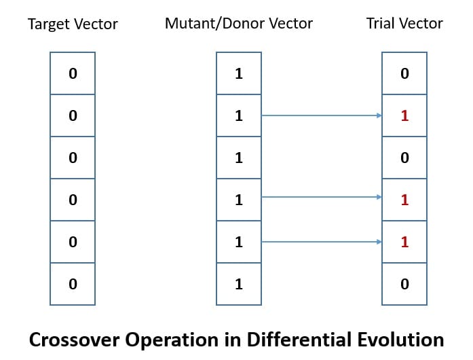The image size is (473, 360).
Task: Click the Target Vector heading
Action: (x=72, y=25)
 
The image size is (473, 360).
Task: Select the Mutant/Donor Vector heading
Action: (x=238, y=24)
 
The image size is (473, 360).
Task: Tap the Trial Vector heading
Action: (x=404, y=24)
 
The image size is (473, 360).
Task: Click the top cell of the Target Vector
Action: (x=73, y=73)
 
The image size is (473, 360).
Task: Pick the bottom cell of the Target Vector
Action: (x=73, y=283)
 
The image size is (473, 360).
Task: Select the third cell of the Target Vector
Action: (x=73, y=158)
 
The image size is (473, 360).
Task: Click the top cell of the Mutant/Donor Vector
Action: (x=238, y=73)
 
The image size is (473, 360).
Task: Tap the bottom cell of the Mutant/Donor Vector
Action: (x=238, y=283)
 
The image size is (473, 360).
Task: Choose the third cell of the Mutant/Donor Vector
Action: (x=238, y=158)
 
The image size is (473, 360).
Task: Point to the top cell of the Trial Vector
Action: (x=404, y=73)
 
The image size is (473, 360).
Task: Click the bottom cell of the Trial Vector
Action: (x=404, y=283)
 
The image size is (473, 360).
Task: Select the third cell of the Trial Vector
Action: (x=404, y=158)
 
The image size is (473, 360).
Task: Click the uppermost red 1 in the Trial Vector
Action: (x=404, y=115)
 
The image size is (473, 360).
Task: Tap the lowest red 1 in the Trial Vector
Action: (x=404, y=241)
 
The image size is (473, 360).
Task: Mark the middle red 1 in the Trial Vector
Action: (x=404, y=200)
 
